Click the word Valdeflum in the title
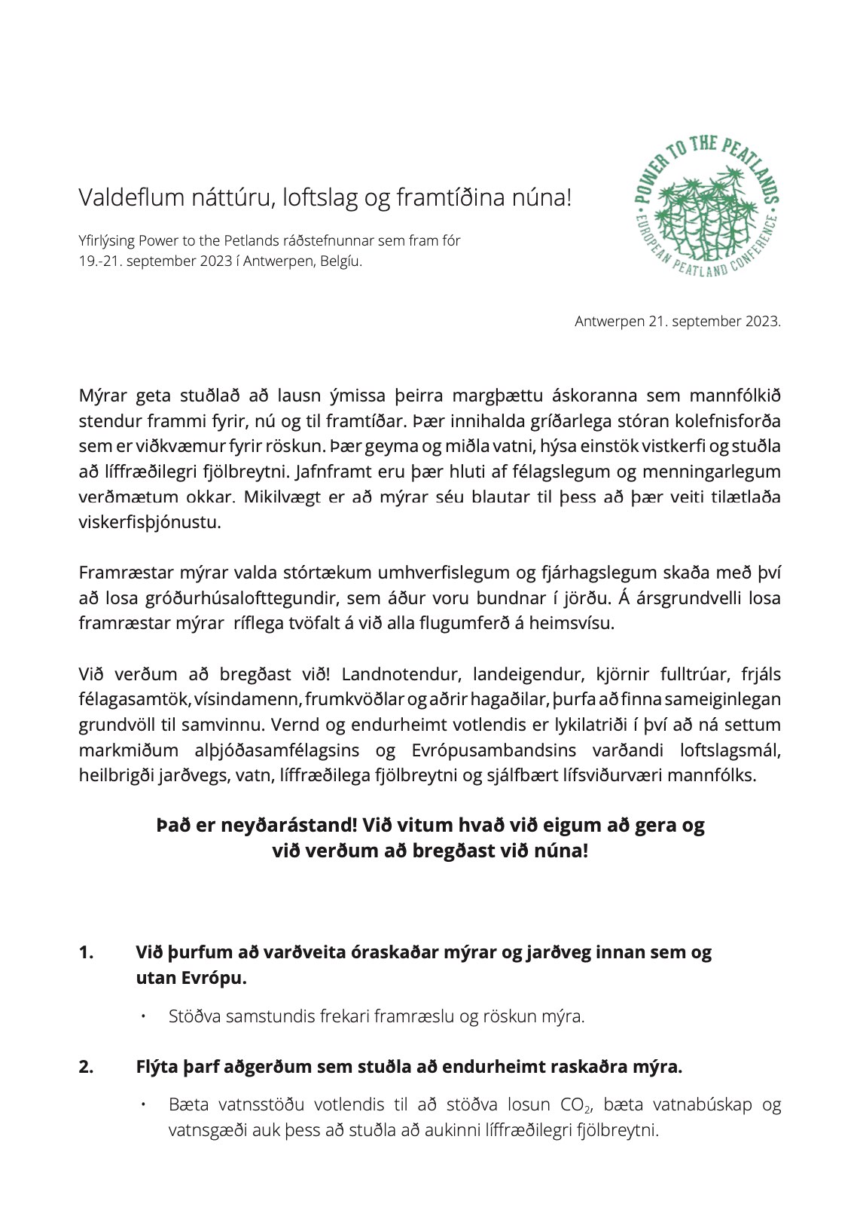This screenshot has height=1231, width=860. pos(132,198)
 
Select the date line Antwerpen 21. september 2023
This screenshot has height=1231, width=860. pos(677,322)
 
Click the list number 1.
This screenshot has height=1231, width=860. pos(86,952)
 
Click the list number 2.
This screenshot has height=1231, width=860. pos(86,1067)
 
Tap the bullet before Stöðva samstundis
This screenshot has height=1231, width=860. pos(142,1016)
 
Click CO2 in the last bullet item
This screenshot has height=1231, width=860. pos(575,1105)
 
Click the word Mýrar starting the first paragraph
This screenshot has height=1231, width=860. pos(103,396)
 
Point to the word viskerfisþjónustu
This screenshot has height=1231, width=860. pos(150,523)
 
